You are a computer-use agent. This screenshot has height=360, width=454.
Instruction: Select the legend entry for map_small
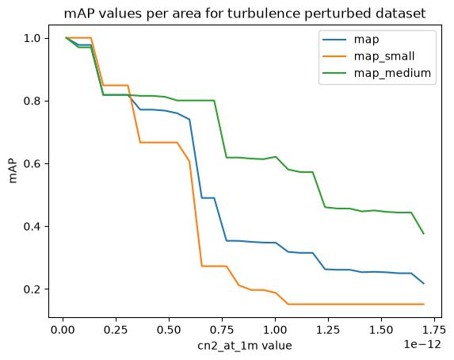384,56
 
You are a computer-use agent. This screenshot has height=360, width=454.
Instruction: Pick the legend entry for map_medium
392,73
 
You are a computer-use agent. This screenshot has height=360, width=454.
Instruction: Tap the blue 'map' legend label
366,40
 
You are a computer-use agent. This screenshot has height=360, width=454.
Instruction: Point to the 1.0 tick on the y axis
33,38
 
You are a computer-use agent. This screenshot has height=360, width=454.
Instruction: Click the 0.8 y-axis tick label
33,101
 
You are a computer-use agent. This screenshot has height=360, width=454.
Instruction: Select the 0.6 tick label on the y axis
33,163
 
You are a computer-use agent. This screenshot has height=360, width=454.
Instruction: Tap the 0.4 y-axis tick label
33,226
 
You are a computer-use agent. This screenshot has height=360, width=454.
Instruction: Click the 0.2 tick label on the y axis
33,289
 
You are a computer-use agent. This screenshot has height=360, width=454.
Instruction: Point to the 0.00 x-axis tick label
63,330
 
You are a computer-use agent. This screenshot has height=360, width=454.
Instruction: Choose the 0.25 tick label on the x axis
116,330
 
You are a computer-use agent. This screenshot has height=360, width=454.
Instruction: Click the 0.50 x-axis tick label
169,330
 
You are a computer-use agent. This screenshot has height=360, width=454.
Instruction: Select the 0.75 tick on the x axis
222,330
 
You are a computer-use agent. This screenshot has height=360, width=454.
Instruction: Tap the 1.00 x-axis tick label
275,330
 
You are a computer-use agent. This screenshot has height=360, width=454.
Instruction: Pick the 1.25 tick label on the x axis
328,330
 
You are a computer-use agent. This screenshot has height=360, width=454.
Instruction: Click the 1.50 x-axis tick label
381,330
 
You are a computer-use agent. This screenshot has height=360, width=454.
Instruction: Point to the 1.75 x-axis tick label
434,330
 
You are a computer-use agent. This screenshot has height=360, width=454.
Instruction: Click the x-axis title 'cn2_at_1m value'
245,346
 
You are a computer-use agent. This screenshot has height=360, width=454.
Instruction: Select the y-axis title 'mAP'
13,170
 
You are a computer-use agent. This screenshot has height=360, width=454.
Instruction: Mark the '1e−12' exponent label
422,344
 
